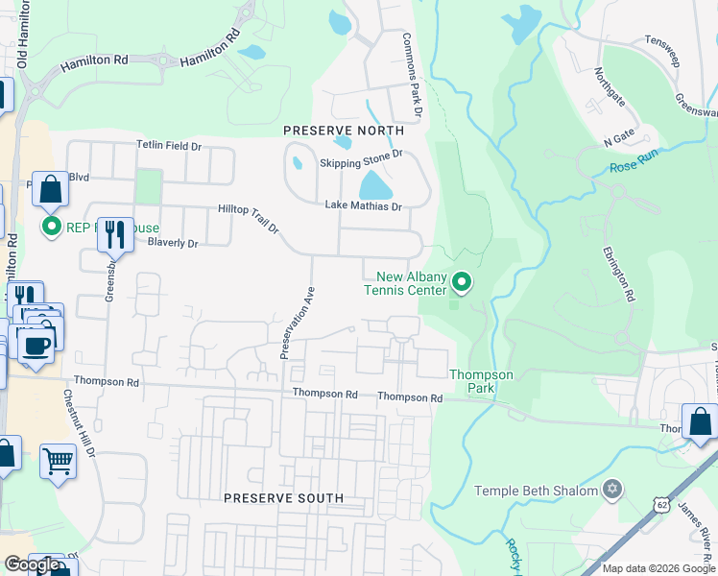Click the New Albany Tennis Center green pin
pos(462,281)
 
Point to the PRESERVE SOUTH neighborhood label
pos(283,498)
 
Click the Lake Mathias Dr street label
pos(363,204)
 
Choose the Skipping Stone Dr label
pos(360,153)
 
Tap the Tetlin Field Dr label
pos(169,146)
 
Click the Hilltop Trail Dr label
pos(248,218)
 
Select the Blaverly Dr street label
pos(173,244)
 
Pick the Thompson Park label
pos(481,381)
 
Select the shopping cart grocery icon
pos(58,462)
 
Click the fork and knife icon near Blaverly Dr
pos(115,232)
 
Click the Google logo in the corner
pos(32,564)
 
